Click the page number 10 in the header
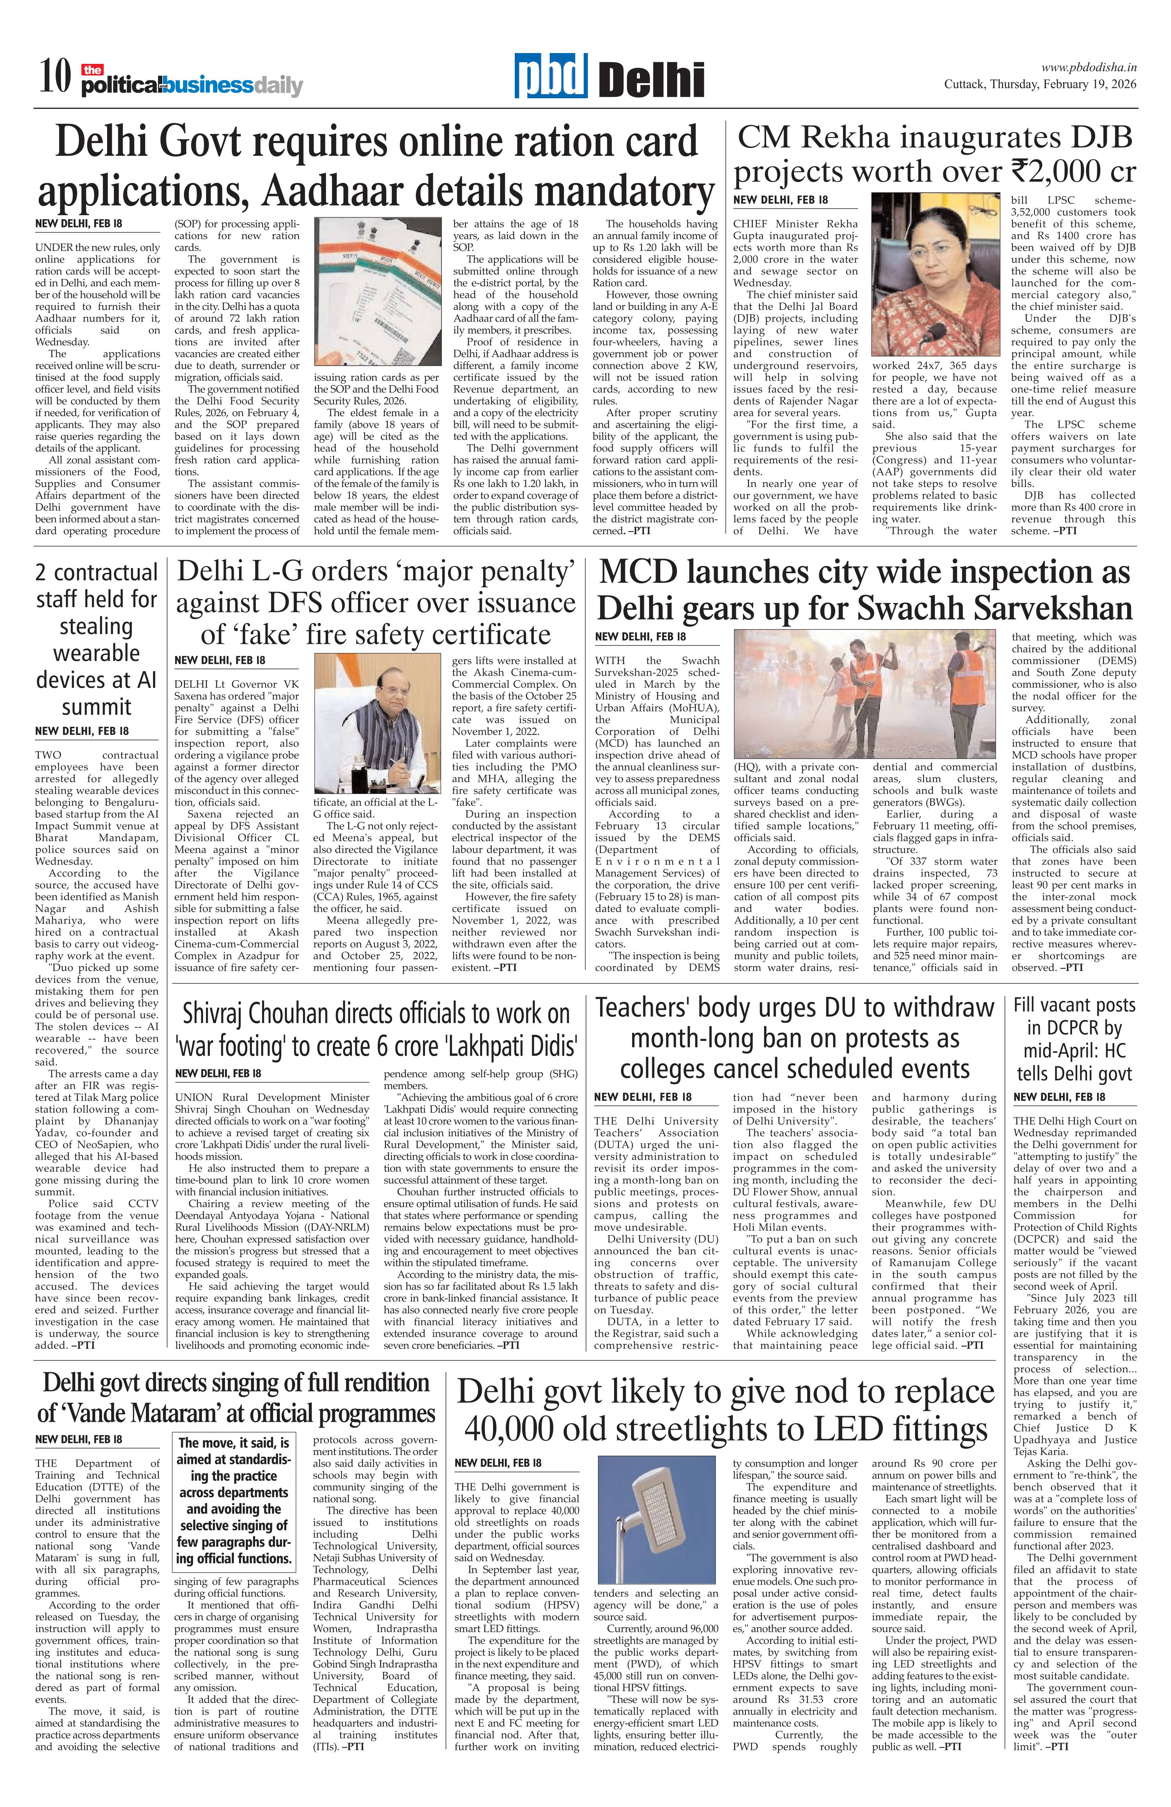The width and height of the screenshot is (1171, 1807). [55, 78]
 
